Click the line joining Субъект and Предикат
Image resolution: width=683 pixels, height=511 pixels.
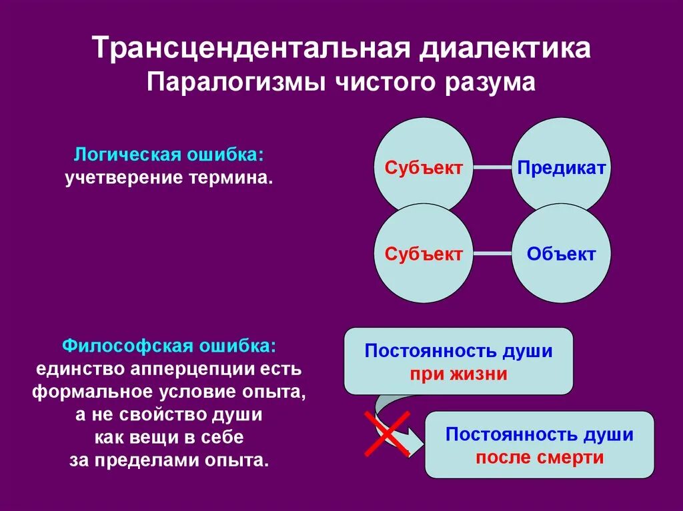pos(492,168)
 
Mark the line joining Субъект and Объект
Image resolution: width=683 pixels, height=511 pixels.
pos(492,254)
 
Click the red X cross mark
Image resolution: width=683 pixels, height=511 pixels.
pos(386,434)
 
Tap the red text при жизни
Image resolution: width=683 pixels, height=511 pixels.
pos(458,374)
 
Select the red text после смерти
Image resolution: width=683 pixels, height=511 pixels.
pos(539,458)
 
